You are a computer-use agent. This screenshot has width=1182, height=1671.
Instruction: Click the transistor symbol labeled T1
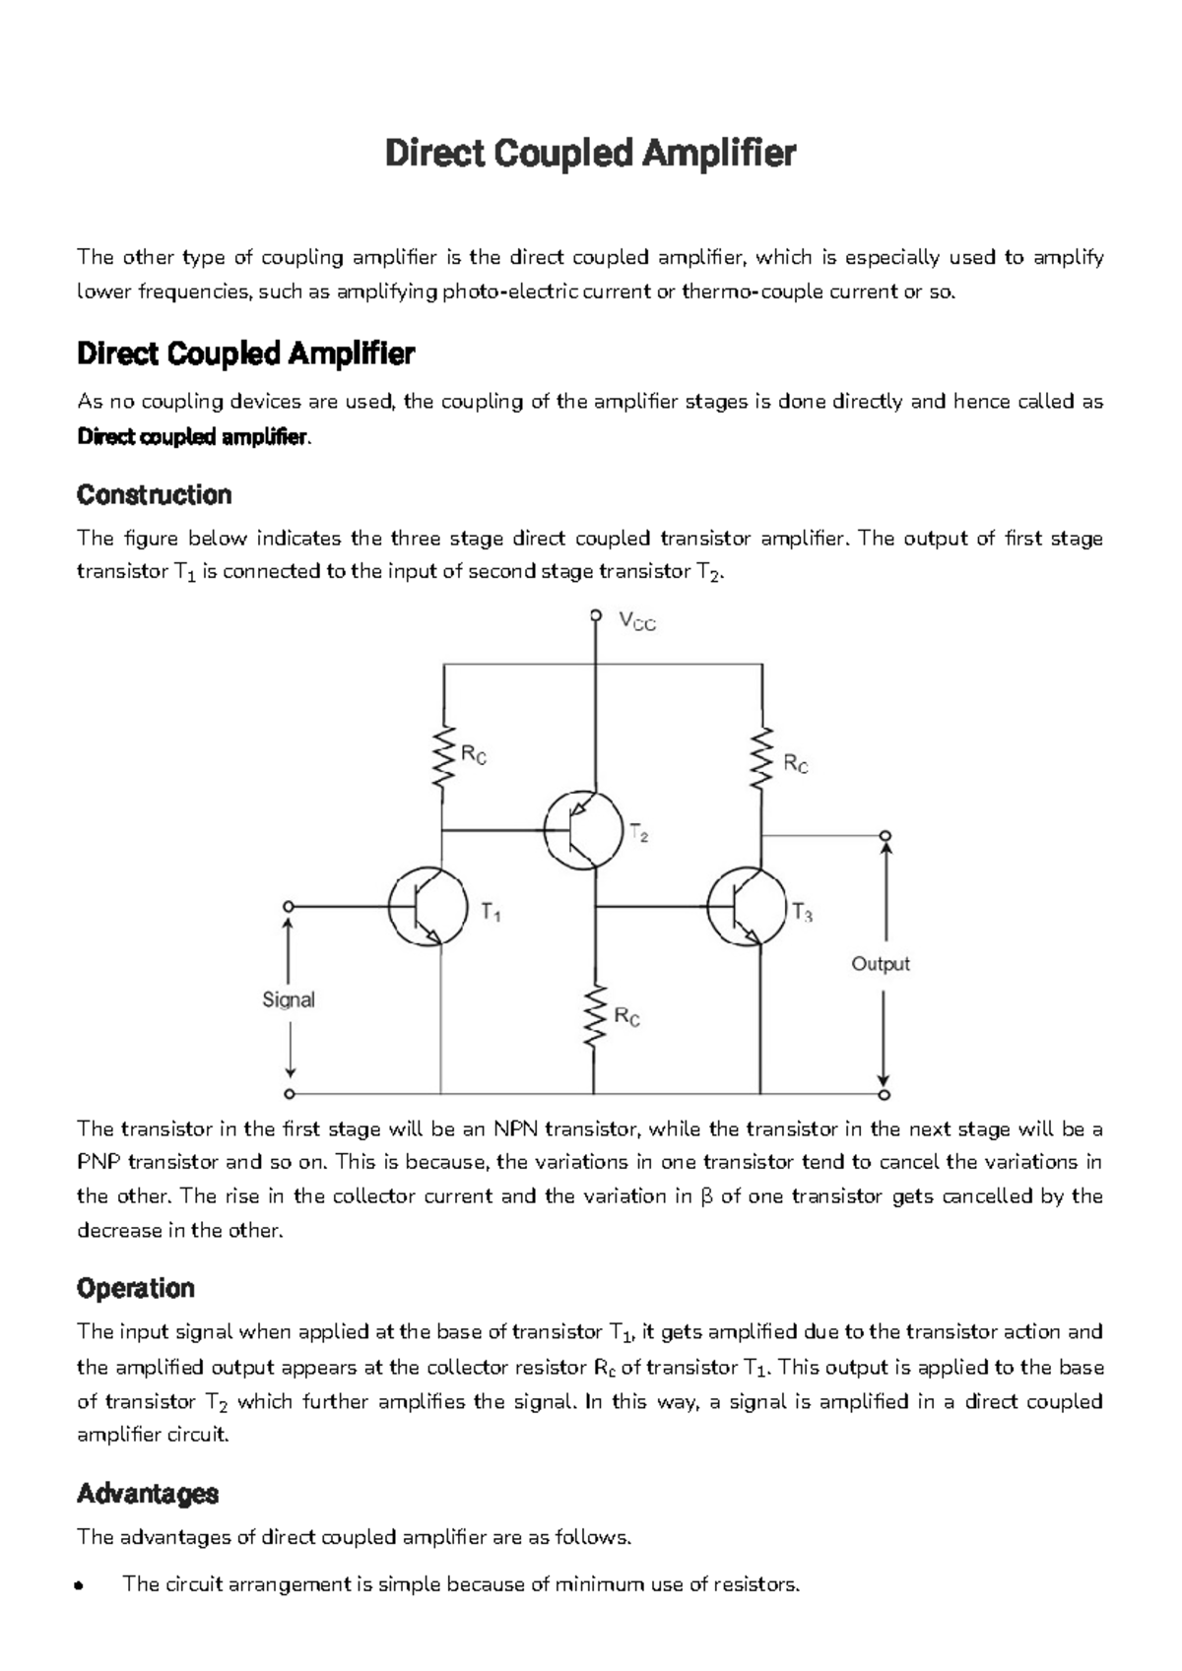[x=427, y=906]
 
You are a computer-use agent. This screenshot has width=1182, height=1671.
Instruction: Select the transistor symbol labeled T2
[x=583, y=829]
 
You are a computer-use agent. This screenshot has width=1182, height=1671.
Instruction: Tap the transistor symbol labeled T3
[x=747, y=906]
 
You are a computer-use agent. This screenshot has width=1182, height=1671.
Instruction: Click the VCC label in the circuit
[x=637, y=622]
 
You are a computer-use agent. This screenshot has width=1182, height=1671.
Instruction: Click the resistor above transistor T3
[x=761, y=758]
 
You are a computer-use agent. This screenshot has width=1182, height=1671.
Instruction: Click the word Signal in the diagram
[x=289, y=999]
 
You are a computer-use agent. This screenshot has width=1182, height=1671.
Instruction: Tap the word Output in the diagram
[x=881, y=964]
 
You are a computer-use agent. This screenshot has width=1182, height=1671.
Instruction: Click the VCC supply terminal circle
[x=595, y=615]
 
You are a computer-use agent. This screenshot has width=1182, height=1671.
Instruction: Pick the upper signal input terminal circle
[x=289, y=906]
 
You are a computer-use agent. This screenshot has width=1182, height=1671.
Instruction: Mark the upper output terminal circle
[x=886, y=837]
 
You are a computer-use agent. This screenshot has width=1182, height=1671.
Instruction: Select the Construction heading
[x=154, y=494]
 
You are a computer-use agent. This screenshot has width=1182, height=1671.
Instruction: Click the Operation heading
[x=136, y=1288]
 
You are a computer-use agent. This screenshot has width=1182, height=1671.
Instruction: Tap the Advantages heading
[x=148, y=1494]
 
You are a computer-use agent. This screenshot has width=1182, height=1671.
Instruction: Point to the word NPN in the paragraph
[x=516, y=1128]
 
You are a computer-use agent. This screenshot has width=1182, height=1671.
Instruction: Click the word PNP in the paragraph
[x=98, y=1162]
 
